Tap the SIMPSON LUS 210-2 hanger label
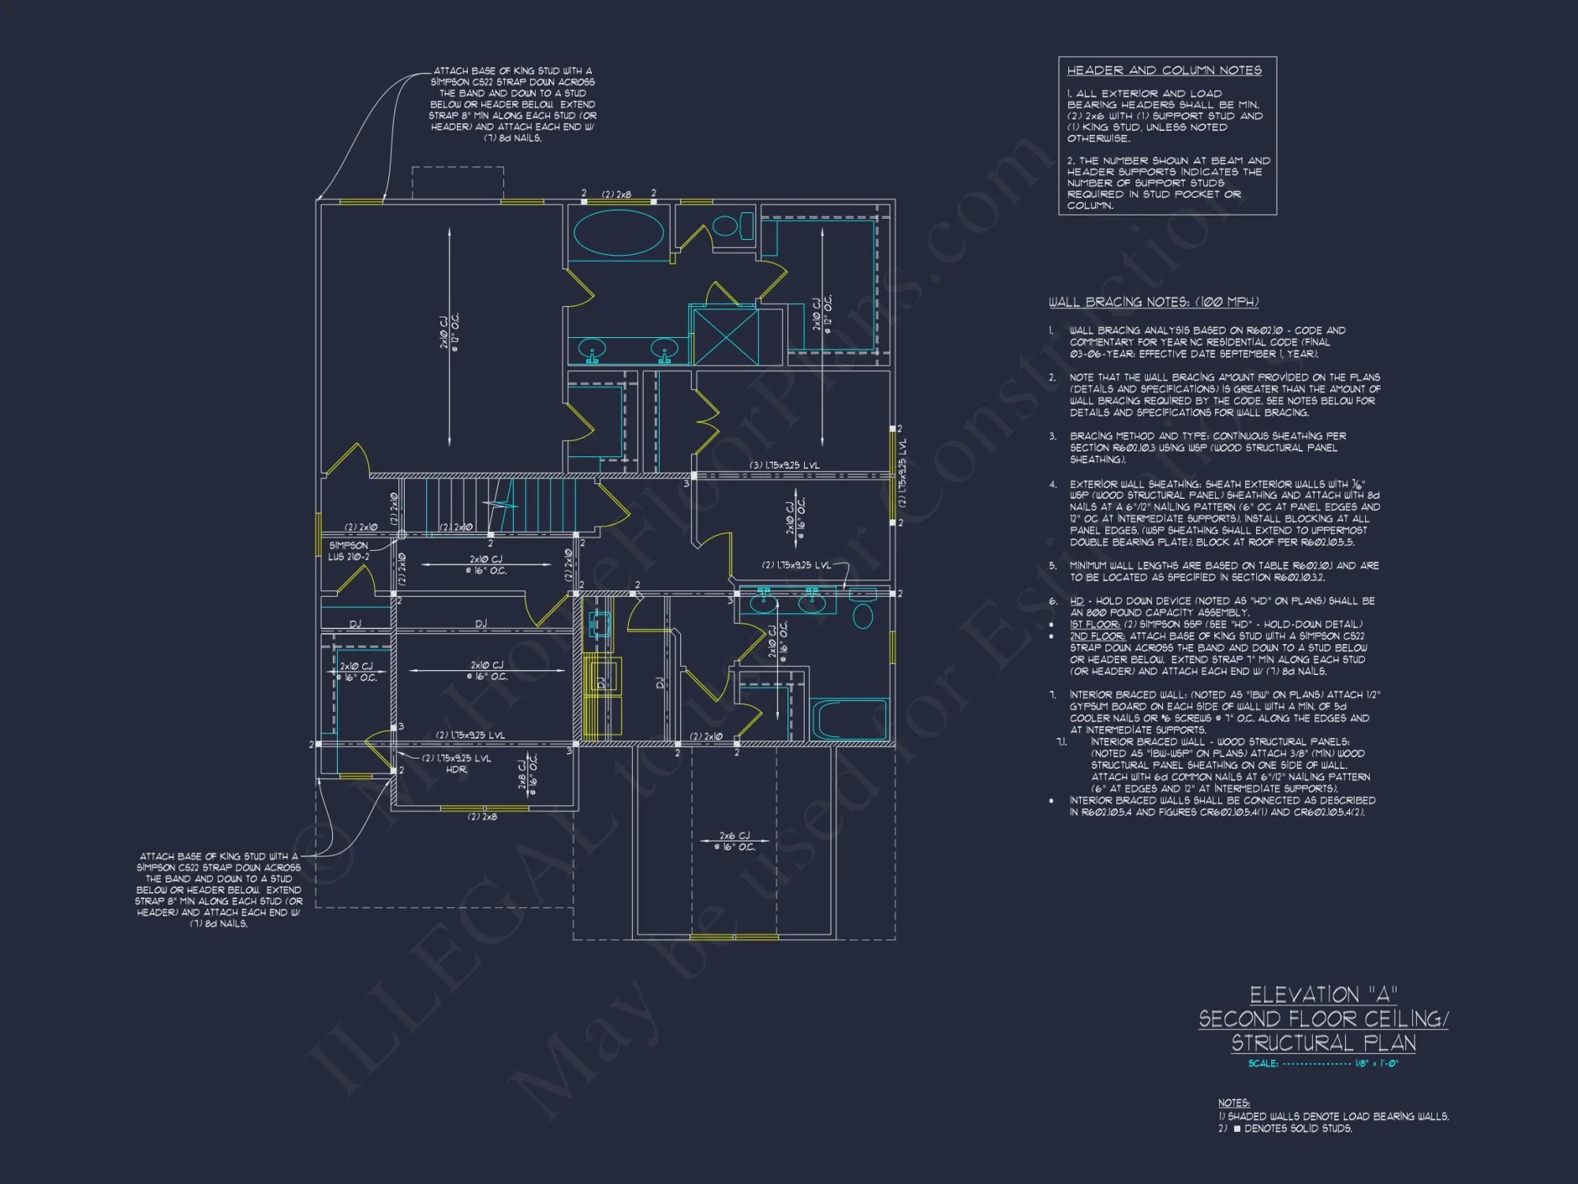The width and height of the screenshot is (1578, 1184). [348, 551]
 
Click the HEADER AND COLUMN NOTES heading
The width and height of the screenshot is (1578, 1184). [1164, 70]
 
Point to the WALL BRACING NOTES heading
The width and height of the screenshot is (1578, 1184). [1153, 302]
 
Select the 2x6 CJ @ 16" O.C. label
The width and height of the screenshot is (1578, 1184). [735, 841]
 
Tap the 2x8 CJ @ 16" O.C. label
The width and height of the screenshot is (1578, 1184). [527, 773]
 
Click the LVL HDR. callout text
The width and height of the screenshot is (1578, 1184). [456, 763]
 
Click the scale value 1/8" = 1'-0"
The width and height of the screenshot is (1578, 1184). [1376, 1063]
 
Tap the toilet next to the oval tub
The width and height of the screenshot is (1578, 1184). [727, 226]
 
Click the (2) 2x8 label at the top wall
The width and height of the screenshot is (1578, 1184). [616, 194]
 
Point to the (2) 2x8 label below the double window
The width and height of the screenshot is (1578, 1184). [482, 816]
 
